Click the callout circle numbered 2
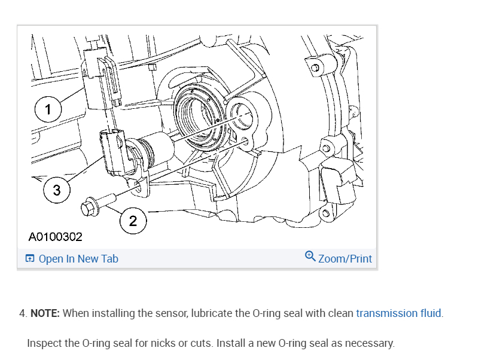133,221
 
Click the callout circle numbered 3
57,191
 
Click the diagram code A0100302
55,237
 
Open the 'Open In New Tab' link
78,259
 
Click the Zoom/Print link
345,259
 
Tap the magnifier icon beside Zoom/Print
310,257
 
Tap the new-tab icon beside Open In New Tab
30,259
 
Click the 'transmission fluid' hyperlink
399,313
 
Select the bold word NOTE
45,313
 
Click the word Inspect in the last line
44,344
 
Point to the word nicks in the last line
150,344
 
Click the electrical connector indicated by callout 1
99,78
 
